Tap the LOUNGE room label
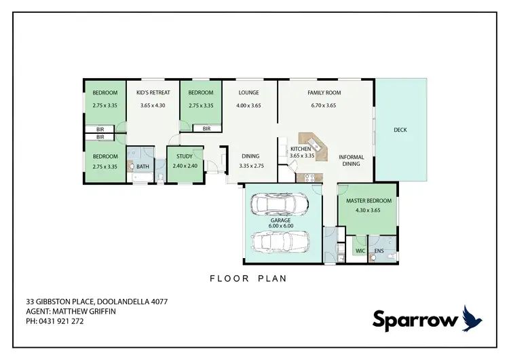click(248, 92)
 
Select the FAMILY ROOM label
click(324, 92)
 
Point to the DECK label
click(400, 130)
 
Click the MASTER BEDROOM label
click(369, 200)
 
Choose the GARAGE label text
click(280, 221)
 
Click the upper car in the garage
click(280, 204)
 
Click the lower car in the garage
click(280, 240)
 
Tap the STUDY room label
click(184, 156)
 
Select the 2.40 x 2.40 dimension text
click(184, 166)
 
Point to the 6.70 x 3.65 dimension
click(324, 105)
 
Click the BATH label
click(143, 166)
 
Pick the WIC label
click(360, 251)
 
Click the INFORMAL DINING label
click(352, 161)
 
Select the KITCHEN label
click(301, 149)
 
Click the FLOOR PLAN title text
click(248, 278)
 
